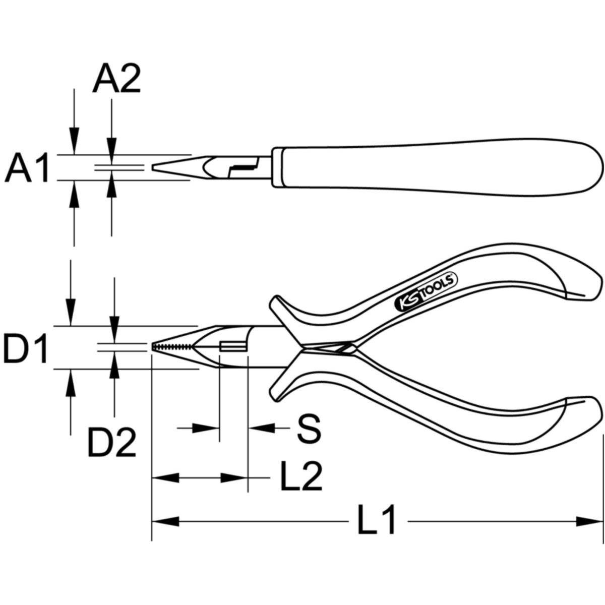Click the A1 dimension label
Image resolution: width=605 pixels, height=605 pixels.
27,167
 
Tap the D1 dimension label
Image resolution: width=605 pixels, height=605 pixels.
25,348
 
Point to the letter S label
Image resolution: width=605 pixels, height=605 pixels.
309,428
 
